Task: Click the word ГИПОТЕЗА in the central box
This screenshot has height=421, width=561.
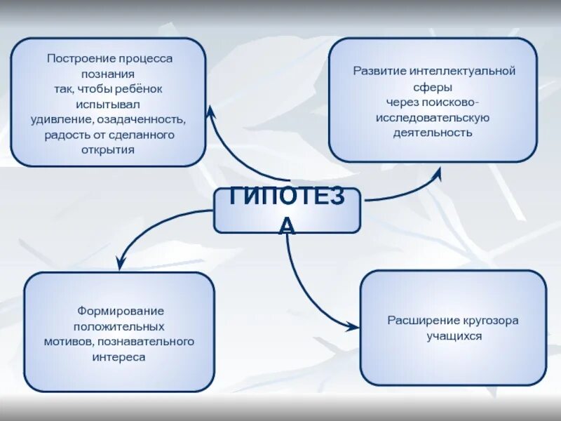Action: pos(287,199)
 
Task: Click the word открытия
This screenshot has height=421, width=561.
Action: pos(108,149)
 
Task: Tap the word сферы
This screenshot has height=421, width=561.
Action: pos(433,86)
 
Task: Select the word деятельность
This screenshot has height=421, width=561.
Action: pos(433,132)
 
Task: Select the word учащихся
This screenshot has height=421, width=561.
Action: pos(454,336)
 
